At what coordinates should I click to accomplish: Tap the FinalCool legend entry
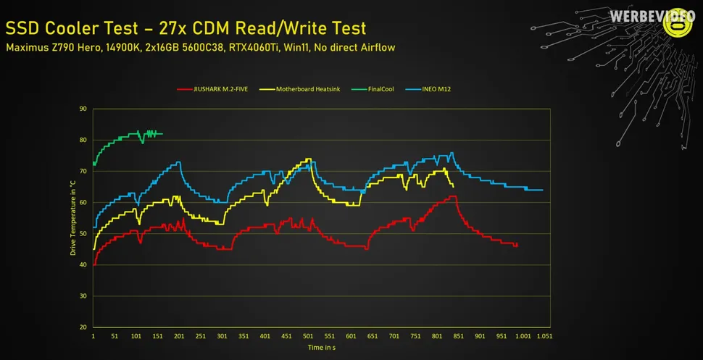click(373, 89)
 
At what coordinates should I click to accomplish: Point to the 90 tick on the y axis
click(83, 109)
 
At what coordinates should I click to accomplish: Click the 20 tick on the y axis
click(83, 327)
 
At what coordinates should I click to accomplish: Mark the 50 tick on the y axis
click(83, 233)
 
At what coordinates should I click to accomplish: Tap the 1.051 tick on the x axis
click(544, 337)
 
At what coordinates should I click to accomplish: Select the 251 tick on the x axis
click(201, 337)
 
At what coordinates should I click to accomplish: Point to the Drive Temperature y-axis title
click(72, 217)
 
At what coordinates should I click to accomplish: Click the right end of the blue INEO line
click(542, 190)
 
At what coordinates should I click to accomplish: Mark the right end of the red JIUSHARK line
click(517, 246)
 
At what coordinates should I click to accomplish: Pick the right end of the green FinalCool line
click(162, 133)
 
